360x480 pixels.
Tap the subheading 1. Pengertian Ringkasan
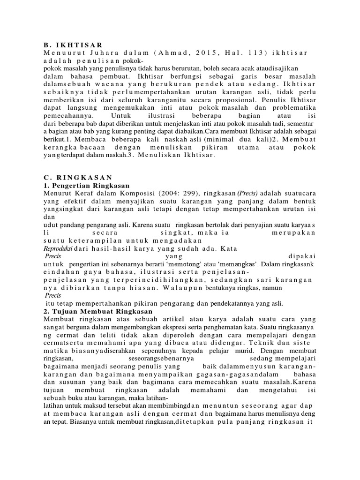click(x=86, y=186)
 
